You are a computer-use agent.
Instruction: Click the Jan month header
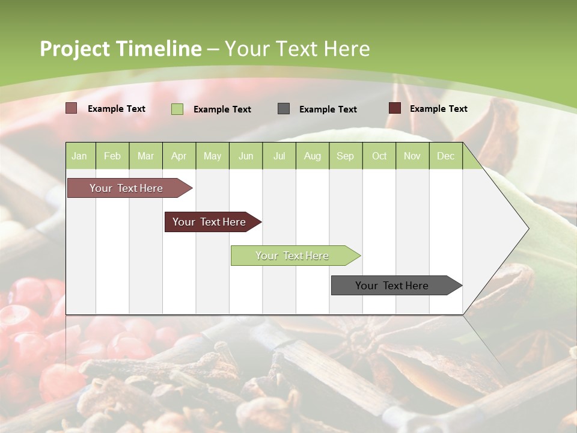[79, 156]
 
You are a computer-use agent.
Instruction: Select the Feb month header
[112, 156]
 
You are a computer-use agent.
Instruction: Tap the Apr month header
[179, 156]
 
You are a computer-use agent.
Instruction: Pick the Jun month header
[246, 156]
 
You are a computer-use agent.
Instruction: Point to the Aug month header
[312, 156]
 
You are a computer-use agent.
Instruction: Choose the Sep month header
[345, 156]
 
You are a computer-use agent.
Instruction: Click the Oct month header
[379, 156]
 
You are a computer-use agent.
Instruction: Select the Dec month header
[445, 156]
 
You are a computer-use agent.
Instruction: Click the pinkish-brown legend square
[71, 108]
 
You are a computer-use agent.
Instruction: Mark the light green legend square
[177, 109]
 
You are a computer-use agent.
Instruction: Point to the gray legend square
[284, 109]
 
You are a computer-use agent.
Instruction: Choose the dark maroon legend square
[394, 108]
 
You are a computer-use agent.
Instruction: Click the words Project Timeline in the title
[120, 49]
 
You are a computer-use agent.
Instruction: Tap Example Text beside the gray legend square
[328, 109]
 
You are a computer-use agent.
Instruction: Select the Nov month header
[412, 156]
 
